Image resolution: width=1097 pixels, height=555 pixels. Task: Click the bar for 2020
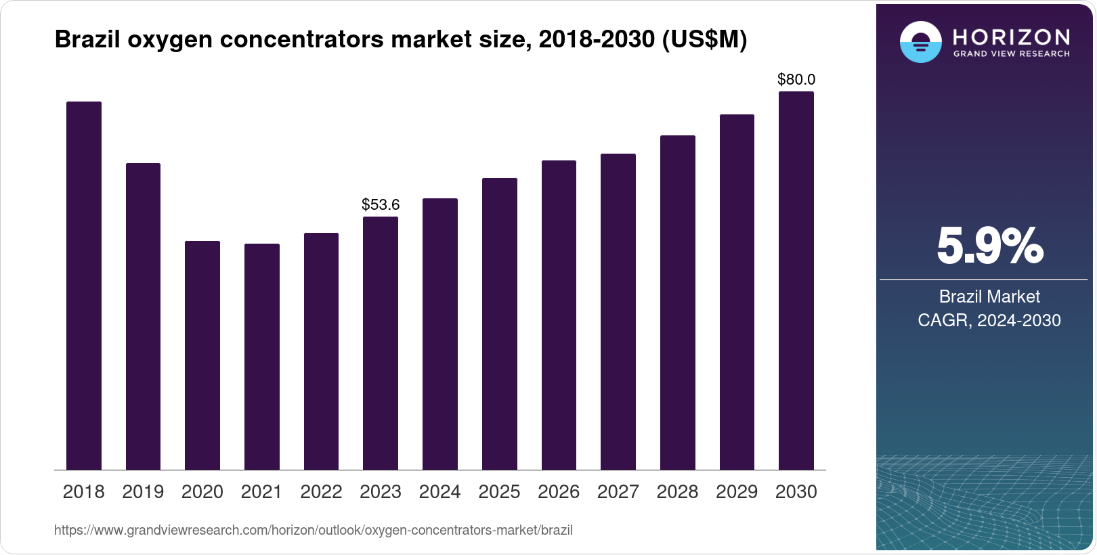click(202, 355)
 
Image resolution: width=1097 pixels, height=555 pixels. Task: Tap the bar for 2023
click(381, 343)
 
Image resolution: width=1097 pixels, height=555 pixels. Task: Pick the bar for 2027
click(618, 311)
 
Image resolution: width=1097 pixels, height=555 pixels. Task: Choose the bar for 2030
click(796, 281)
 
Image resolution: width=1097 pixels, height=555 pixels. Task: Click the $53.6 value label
click(381, 204)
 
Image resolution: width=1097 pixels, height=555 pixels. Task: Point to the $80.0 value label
click(796, 80)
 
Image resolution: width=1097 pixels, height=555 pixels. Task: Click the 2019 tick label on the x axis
click(143, 492)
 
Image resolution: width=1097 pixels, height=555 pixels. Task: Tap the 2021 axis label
click(261, 492)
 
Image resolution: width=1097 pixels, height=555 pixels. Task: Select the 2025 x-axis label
click(499, 492)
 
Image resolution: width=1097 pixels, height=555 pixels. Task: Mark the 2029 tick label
click(737, 492)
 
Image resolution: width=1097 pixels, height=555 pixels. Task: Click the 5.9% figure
click(989, 246)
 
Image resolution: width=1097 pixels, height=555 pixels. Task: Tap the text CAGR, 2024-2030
click(989, 320)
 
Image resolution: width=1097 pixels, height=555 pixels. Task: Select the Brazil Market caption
click(989, 296)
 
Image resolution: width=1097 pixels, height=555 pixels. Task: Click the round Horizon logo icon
click(920, 42)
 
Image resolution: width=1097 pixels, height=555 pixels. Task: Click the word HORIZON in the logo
click(1012, 37)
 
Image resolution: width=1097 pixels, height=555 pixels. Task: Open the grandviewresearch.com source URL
click(314, 531)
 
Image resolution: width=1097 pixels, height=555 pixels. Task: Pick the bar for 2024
click(440, 334)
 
